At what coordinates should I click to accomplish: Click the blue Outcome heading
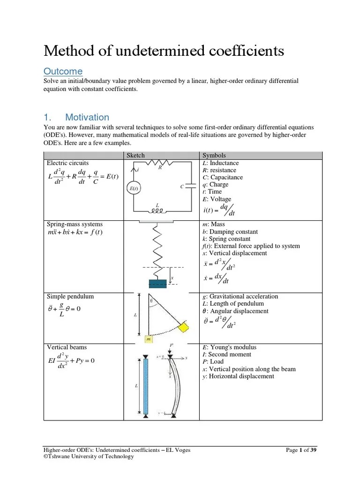(63, 71)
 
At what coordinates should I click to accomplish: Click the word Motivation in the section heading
(87, 117)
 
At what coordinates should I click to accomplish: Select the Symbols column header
(214, 156)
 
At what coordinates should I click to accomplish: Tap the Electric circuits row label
(67, 163)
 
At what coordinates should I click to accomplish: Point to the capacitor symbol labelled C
(190, 186)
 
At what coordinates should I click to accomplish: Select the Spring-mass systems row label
(75, 225)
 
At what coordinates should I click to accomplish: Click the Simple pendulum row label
(70, 297)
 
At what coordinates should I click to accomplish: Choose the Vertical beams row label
(67, 347)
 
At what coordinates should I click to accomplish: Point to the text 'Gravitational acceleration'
(243, 297)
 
